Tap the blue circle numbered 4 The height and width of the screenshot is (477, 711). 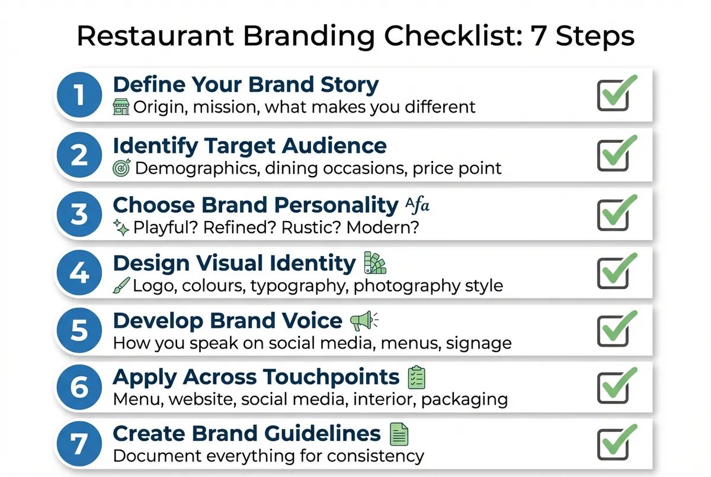click(x=79, y=273)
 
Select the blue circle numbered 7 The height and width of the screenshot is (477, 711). click(x=79, y=444)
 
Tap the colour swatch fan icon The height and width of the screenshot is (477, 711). click(x=373, y=263)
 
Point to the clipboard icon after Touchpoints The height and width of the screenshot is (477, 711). click(x=417, y=377)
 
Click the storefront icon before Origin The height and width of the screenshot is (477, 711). click(x=121, y=107)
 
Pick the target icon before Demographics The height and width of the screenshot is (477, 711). click(x=121, y=168)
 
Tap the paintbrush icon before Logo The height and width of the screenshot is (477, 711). click(x=121, y=286)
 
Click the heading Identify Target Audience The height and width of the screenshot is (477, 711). click(x=249, y=146)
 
